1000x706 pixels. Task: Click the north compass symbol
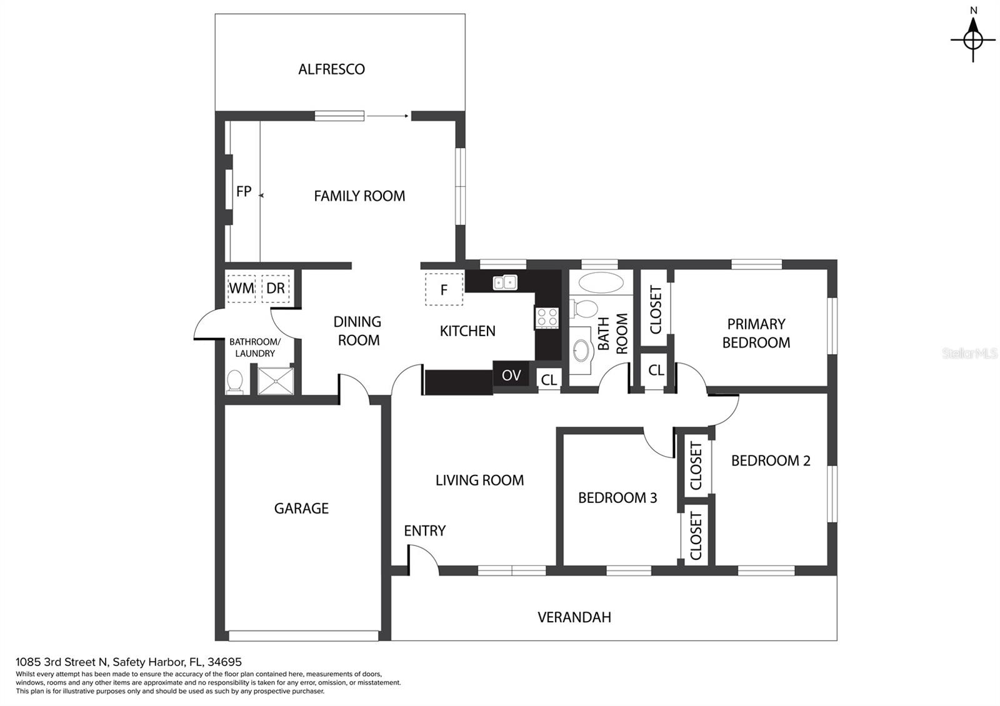(972, 40)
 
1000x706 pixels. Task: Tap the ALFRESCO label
(332, 69)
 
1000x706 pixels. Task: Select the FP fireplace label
(244, 191)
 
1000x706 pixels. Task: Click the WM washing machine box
(241, 289)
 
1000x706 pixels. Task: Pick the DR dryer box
(276, 289)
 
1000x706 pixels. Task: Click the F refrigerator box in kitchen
(444, 290)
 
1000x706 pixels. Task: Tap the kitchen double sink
(505, 282)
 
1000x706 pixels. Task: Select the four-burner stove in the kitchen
(547, 318)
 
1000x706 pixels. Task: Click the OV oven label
(511, 375)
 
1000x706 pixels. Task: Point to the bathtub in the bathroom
(601, 283)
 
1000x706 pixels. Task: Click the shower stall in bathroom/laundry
(276, 381)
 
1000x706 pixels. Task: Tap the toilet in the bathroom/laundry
(235, 382)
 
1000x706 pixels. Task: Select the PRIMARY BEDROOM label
(756, 334)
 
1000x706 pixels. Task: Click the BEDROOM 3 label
(617, 497)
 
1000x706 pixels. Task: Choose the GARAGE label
(301, 509)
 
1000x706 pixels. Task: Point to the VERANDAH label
(574, 617)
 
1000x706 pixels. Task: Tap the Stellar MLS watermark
(969, 354)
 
